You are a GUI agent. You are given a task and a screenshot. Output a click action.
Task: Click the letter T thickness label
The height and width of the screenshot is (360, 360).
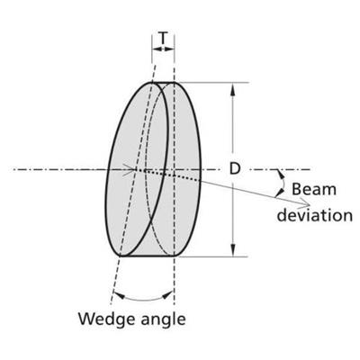pos(163,38)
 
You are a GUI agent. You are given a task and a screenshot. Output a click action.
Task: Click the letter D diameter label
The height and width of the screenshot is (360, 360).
pos(235,169)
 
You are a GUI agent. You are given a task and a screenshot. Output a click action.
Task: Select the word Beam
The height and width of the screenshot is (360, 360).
pos(314,190)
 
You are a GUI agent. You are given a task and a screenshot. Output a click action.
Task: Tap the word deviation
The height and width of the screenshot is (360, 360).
pos(314,215)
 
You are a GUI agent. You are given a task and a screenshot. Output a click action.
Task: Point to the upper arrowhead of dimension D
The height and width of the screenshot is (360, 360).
pos(233,90)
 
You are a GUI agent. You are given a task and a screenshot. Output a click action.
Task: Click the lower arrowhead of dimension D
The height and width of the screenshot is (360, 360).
pos(233,249)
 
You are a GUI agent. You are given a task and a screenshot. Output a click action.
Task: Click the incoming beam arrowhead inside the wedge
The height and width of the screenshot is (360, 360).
pos(130,170)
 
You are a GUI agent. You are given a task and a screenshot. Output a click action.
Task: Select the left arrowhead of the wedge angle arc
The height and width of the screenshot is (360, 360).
pos(120,295)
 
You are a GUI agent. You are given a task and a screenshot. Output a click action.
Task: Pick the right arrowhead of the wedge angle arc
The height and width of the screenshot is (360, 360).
pos(167,295)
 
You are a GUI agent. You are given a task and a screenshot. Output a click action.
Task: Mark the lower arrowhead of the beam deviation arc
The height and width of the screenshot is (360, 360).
pos(279,193)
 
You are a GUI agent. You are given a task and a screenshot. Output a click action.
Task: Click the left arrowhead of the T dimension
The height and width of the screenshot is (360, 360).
pos(157,49)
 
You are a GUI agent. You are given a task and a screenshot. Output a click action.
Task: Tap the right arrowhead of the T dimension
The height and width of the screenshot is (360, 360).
pos(170,49)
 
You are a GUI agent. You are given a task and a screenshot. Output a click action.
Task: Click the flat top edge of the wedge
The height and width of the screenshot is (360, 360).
pos(164,82)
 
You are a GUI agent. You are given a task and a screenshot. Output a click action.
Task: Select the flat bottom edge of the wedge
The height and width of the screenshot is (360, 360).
pos(147,256)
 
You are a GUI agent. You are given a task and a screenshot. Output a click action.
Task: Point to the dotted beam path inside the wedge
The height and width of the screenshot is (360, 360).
pos(168,175)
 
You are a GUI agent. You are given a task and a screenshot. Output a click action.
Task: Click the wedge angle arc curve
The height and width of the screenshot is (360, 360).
pos(143,300)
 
